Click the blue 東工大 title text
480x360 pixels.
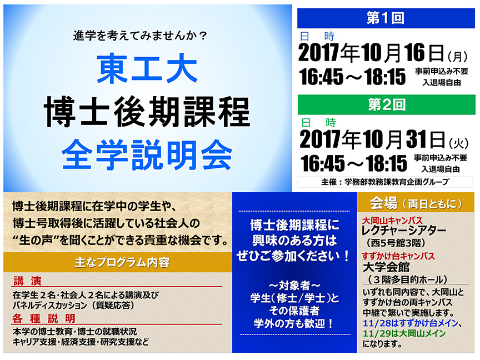[147, 68]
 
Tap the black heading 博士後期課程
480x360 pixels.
[147, 112]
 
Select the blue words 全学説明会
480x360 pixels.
[147, 155]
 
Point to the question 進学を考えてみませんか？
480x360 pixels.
[141, 36]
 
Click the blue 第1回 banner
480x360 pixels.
[386, 18]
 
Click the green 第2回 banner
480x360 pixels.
[386, 104]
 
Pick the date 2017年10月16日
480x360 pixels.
[371, 53]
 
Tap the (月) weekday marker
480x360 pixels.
[458, 56]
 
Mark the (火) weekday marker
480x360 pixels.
[459, 143]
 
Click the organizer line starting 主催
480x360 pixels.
[386, 182]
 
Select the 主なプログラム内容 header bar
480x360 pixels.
[118, 262]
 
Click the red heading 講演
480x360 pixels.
[27, 281]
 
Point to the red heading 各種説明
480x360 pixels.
[44, 318]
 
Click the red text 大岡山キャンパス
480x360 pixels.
[392, 221]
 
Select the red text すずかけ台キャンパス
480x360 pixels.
[398, 256]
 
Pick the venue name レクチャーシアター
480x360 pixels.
[404, 231]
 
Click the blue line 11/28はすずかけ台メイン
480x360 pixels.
[411, 323]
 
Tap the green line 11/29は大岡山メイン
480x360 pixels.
[404, 333]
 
